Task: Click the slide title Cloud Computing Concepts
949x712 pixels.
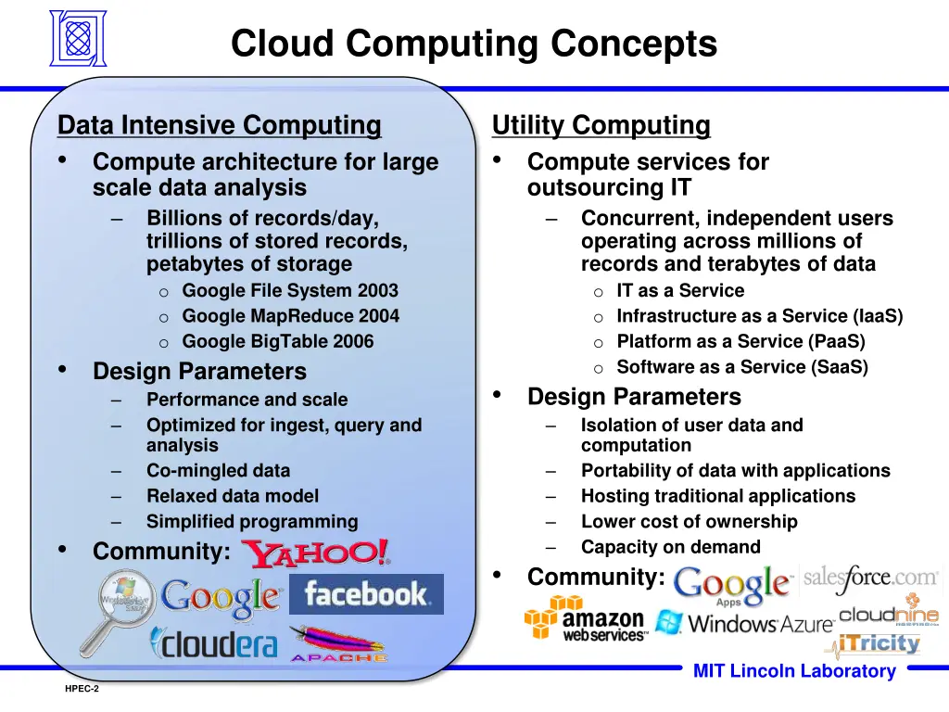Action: [x=474, y=44]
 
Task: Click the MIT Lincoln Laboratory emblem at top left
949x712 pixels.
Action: [x=78, y=38]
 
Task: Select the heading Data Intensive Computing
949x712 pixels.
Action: [x=219, y=124]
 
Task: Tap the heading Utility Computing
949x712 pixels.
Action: [x=601, y=124]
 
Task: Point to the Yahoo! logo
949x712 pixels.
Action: [x=316, y=553]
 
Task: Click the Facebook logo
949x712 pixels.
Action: [x=366, y=593]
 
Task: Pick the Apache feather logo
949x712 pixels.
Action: [x=337, y=643]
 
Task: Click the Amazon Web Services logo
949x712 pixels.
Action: [x=585, y=619]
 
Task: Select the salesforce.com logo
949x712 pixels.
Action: [x=870, y=578]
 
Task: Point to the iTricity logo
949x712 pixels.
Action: [x=878, y=642]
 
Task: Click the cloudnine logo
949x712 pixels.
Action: [x=889, y=616]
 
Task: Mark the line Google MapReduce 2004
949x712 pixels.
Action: [x=290, y=316]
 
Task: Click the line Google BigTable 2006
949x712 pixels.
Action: [x=277, y=341]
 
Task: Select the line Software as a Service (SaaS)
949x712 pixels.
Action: [x=742, y=367]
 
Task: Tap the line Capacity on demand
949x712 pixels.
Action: [x=670, y=547]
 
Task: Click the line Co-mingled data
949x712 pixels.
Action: [x=218, y=471]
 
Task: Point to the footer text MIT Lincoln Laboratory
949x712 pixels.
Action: [x=794, y=672]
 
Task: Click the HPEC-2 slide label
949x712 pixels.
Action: [x=82, y=690]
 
